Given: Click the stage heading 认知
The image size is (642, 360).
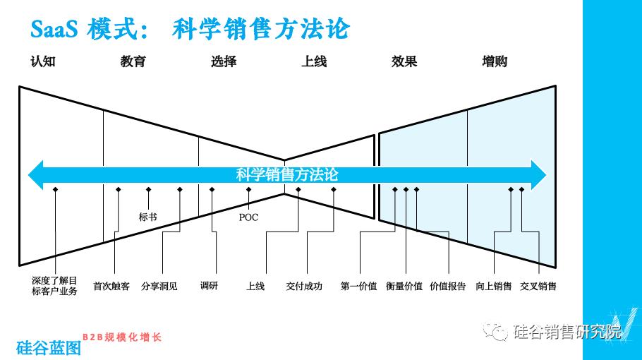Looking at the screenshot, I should pyautogui.click(x=42, y=61).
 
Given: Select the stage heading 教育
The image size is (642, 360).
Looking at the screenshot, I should pyautogui.click(x=133, y=61).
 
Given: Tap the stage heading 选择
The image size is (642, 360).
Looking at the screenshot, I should pyautogui.click(x=223, y=61).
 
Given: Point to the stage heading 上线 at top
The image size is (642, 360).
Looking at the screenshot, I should pyautogui.click(x=314, y=61).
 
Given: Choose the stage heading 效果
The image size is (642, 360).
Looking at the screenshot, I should pyautogui.click(x=404, y=61).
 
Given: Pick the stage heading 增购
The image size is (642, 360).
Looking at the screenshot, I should pyautogui.click(x=495, y=61).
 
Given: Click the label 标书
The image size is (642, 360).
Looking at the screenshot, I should pyautogui.click(x=148, y=217).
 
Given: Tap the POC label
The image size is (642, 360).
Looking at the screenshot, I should pyautogui.click(x=248, y=217).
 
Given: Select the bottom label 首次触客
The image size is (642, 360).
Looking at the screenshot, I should pyautogui.click(x=111, y=287).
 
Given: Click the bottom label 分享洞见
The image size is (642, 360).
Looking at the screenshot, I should pyautogui.click(x=159, y=287).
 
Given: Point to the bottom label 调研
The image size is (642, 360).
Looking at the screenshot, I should pyautogui.click(x=209, y=287).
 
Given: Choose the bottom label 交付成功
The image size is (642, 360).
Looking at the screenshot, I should pyautogui.click(x=304, y=287).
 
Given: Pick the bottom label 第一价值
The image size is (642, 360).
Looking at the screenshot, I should pyautogui.click(x=358, y=287).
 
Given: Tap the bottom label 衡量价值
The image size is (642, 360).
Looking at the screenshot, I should pyautogui.click(x=404, y=287).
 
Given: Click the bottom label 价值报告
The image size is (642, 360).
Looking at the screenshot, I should pyautogui.click(x=448, y=287).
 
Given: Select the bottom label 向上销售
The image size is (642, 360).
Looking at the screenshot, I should pyautogui.click(x=494, y=287).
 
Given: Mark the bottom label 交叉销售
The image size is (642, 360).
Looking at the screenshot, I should pyautogui.click(x=538, y=287).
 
